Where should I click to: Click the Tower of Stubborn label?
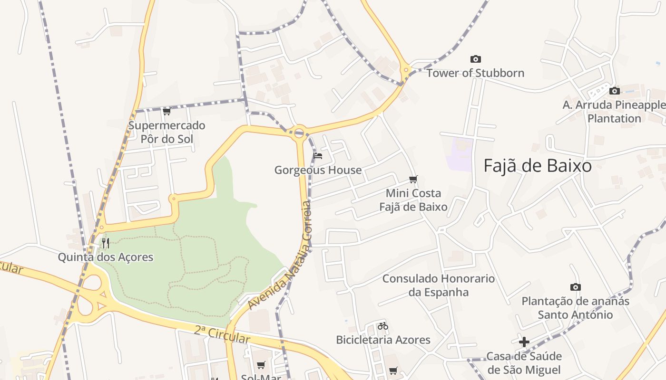point(475,73)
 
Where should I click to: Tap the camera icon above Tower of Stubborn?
point(475,59)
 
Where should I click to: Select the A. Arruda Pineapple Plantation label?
point(614,112)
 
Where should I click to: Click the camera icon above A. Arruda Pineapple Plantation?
point(615,91)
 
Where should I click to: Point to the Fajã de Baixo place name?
point(538,166)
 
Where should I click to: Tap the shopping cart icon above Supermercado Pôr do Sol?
point(166,112)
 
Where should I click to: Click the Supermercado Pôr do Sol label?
point(166,133)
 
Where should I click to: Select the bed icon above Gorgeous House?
point(318,156)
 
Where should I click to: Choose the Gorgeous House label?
point(318,170)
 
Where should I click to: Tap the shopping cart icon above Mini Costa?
point(413,180)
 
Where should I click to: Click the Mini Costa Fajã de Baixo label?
point(413,200)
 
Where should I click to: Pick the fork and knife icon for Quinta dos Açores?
point(106,243)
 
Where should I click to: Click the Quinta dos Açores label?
point(106,257)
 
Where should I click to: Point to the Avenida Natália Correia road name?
point(281,256)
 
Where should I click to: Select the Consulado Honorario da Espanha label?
point(439,285)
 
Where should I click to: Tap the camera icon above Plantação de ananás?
point(576,287)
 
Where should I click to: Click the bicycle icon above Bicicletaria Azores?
point(383,326)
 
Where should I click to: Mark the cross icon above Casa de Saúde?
point(524,342)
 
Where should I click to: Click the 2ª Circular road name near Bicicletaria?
point(222,334)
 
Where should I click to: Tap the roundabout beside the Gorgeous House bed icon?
point(299,133)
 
